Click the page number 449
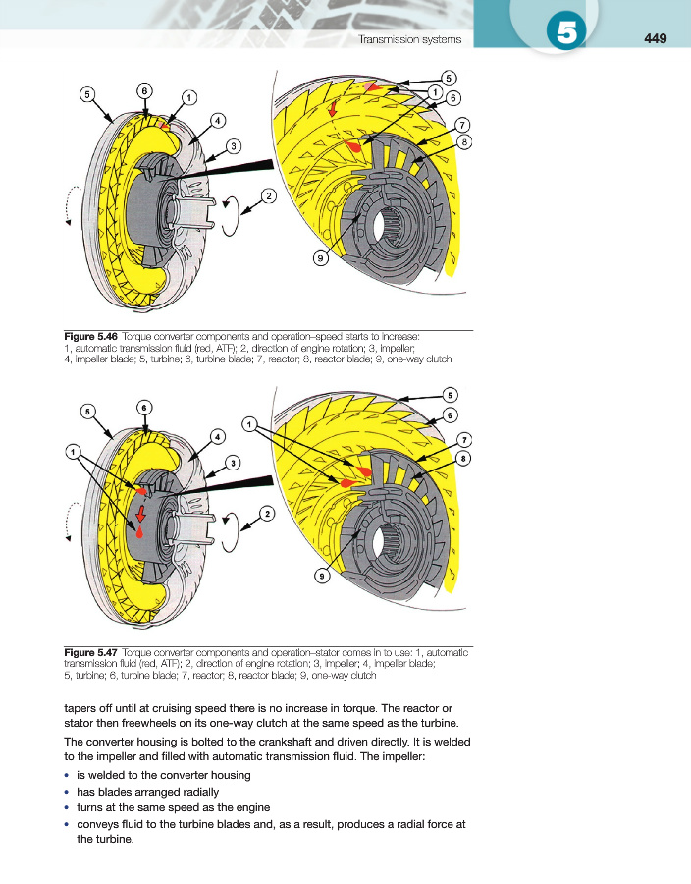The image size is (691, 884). (x=656, y=39)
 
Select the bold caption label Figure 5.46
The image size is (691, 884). (x=91, y=338)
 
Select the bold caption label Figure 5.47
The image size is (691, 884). (x=91, y=652)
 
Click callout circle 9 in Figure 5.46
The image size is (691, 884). (x=320, y=258)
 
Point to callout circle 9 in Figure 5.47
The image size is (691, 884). (x=321, y=577)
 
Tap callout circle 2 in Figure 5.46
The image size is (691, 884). (x=267, y=194)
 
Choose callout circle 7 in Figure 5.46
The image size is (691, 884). (x=462, y=125)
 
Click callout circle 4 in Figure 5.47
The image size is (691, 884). (x=217, y=435)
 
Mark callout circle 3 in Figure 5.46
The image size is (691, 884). (x=234, y=146)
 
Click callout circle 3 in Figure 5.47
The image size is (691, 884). (x=234, y=462)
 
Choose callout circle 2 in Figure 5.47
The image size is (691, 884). (x=267, y=513)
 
